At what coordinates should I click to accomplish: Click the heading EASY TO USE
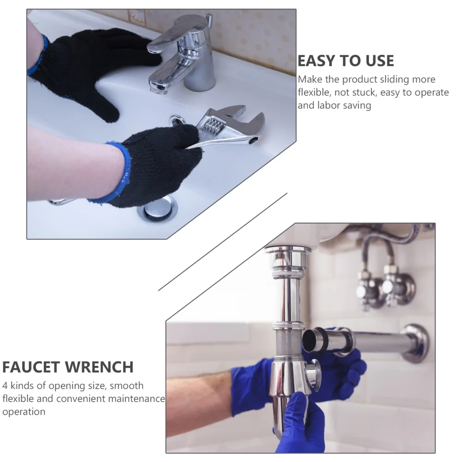346,61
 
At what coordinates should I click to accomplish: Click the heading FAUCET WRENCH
67,367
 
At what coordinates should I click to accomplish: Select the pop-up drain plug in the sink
157,209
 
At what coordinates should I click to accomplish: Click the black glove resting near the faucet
88,69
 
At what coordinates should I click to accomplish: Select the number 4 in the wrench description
5,385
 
